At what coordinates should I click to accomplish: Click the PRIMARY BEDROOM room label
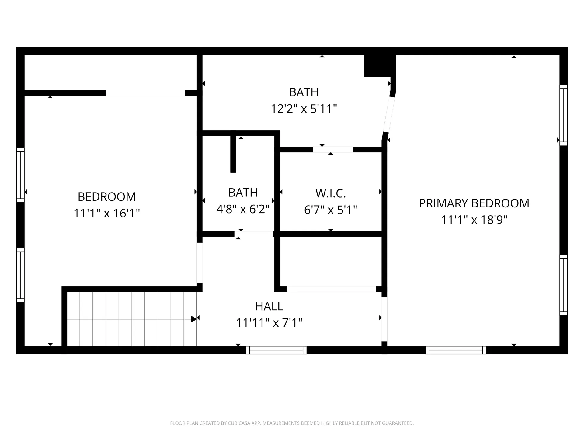point(474,203)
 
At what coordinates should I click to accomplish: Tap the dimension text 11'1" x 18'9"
point(474,220)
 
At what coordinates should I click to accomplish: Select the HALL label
point(269,306)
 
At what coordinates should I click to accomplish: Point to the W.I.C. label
point(331,193)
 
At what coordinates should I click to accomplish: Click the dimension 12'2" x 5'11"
point(304,109)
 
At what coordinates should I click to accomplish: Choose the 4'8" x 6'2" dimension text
point(243,209)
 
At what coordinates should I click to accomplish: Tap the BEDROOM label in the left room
point(107,197)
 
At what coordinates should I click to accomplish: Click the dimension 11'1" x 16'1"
point(107,213)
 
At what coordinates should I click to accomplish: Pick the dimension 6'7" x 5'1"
point(331,210)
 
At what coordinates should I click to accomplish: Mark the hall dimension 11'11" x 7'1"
point(269,323)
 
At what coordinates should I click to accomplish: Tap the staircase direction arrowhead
point(194,319)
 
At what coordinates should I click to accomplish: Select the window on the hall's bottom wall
point(276,350)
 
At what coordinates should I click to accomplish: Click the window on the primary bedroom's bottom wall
point(456,350)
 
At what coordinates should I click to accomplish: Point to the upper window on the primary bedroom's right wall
point(564,115)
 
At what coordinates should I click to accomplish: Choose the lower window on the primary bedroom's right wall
point(564,285)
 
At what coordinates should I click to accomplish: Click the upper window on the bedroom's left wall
point(20,175)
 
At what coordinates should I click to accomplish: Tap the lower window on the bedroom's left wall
point(20,275)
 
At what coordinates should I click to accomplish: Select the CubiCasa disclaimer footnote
point(292,423)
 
